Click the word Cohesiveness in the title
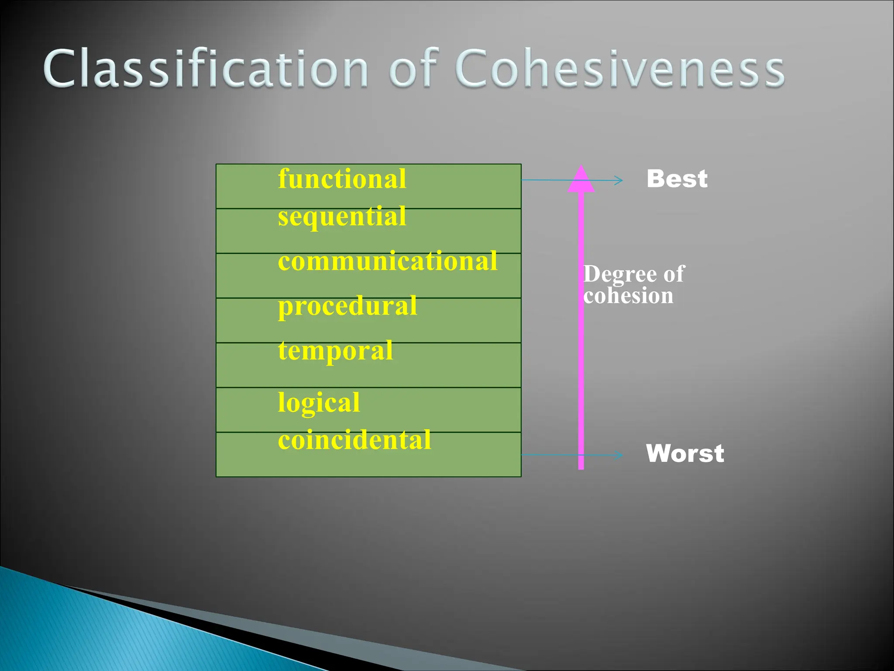620,69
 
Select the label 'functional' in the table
342,179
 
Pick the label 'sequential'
342,217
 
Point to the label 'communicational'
387,261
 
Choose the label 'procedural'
347,306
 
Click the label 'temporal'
335,351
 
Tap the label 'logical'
319,402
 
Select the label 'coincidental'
354,440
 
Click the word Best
677,179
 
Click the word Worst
685,453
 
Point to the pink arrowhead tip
581,167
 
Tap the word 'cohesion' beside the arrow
629,296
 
